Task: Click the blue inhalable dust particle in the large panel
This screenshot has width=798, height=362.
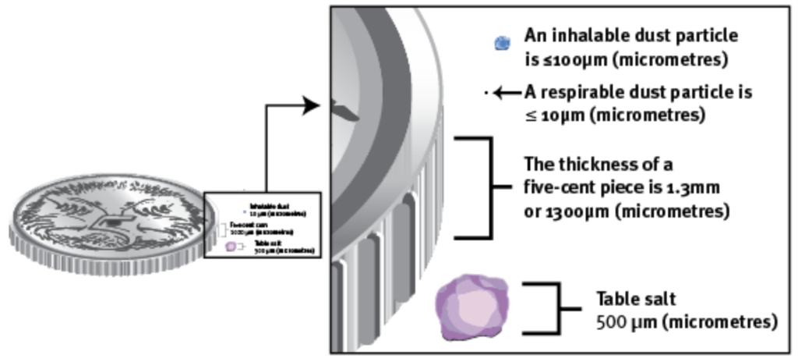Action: click(x=503, y=43)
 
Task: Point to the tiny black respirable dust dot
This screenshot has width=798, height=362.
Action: click(x=486, y=93)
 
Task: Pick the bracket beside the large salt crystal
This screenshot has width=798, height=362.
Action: click(x=549, y=308)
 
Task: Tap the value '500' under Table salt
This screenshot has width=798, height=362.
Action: click(x=611, y=321)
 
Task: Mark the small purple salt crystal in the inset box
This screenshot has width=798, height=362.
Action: click(x=230, y=247)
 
